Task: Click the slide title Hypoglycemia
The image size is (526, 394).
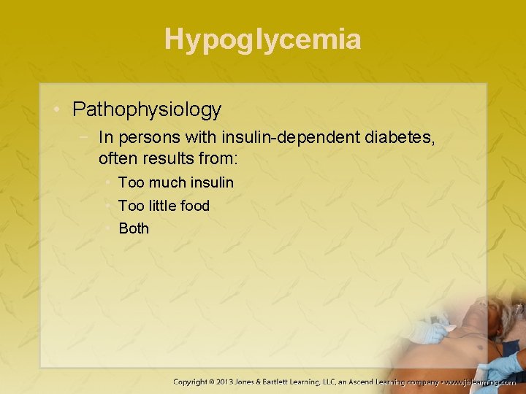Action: tap(263, 39)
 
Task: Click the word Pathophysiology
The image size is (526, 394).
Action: tap(147, 110)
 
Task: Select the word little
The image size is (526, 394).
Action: tap(161, 206)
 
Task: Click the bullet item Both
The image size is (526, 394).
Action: tap(134, 228)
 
